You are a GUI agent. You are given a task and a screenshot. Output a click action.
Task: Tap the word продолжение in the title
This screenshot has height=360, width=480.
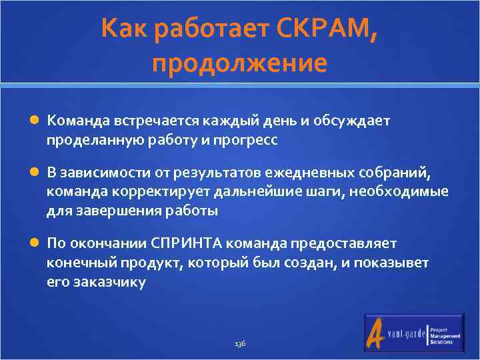coord(239,63)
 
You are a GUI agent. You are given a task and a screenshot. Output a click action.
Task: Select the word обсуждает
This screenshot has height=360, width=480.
coord(357,121)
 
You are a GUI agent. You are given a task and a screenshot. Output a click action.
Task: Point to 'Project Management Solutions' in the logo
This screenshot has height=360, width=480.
coord(445,335)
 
